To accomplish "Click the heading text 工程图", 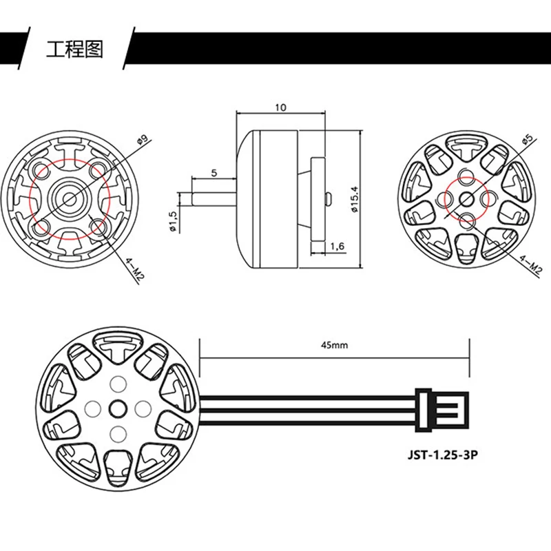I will [74, 50].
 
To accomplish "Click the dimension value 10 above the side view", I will [280, 107].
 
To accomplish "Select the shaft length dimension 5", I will [215, 173].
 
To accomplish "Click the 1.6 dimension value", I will [337, 245].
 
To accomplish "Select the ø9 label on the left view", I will [143, 140].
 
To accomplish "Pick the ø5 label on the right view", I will [528, 138].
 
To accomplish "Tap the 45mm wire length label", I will [334, 346].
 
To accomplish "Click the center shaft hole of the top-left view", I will [70, 197].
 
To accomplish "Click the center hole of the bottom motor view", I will [116, 407].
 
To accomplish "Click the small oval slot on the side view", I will [329, 198].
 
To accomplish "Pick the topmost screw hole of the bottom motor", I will [116, 383].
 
